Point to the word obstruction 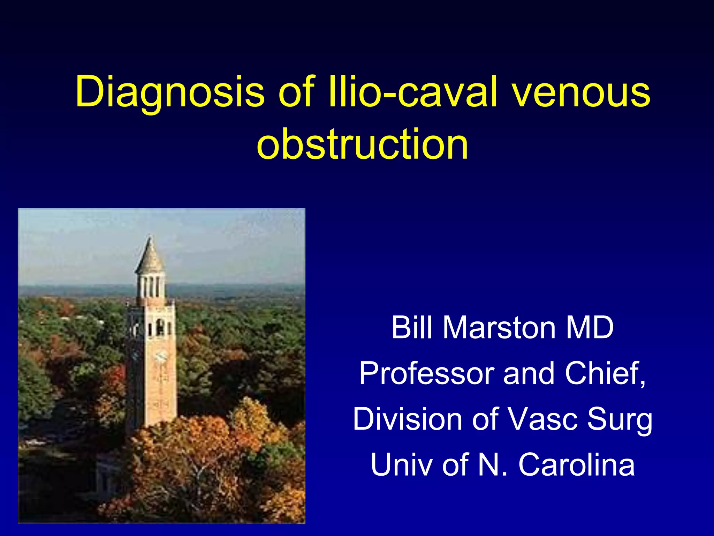coord(362,144)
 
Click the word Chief coord(605,373)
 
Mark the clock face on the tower coord(161,356)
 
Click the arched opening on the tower coord(160,327)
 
